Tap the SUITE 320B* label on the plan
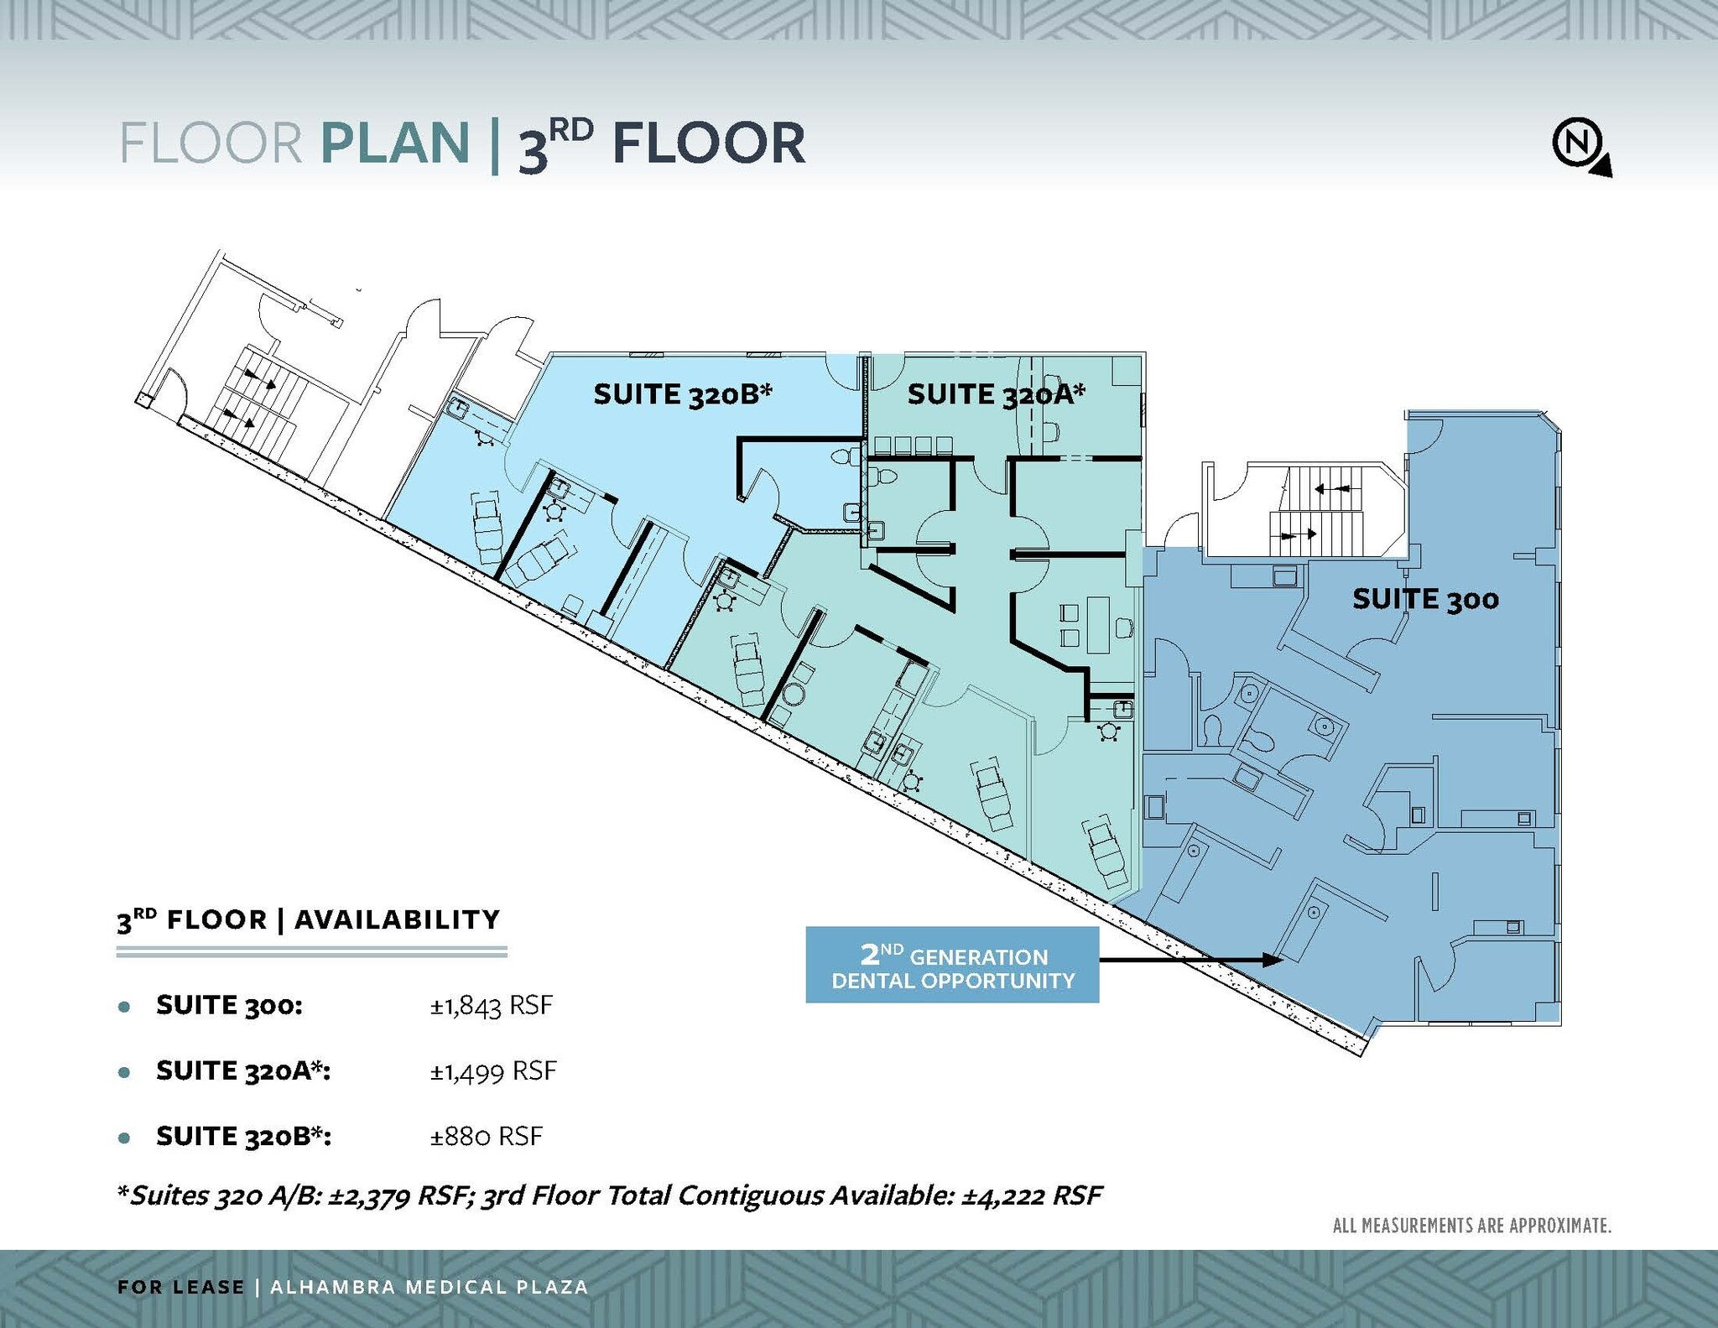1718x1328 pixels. [x=682, y=394]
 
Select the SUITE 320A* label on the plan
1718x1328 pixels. [x=996, y=394]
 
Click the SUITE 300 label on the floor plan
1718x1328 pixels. [x=1424, y=599]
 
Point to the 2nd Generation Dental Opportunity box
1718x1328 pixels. [x=952, y=965]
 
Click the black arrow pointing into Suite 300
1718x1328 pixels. [x=1190, y=960]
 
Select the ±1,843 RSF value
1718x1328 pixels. [x=491, y=1005]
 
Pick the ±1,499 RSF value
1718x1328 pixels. [x=492, y=1071]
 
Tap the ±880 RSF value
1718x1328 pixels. [x=486, y=1137]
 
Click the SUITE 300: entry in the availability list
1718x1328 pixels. [x=228, y=1005]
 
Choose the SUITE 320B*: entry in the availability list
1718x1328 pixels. [x=243, y=1137]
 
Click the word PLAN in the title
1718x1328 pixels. [x=394, y=143]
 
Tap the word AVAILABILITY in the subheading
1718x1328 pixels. [x=397, y=919]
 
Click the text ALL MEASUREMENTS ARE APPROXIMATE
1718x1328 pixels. [x=1471, y=1226]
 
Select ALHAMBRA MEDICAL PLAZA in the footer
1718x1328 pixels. [x=429, y=1287]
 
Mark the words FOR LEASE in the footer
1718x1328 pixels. [x=180, y=1287]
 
